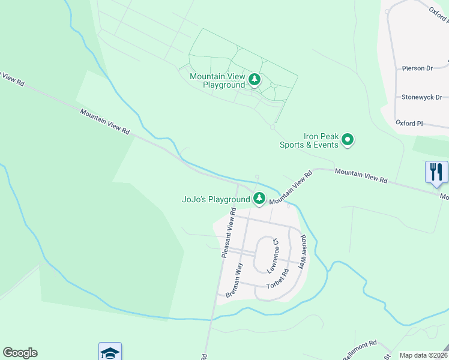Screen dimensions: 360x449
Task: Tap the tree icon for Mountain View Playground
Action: [255, 79]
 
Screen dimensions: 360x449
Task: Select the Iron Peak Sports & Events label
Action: [309, 140]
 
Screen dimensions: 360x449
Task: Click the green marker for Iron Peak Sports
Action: [348, 141]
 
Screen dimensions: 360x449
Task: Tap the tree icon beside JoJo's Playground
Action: [259, 197]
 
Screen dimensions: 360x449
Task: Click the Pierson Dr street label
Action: [417, 68]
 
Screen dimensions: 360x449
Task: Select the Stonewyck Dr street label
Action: [421, 97]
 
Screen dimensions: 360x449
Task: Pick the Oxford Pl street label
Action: [409, 123]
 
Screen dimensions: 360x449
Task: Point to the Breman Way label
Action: [235, 280]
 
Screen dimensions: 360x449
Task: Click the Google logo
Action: [20, 353]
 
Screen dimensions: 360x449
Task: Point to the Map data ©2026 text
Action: [424, 355]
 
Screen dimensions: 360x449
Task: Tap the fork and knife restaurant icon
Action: [436, 172]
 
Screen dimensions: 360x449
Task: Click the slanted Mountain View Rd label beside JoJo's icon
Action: [291, 188]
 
